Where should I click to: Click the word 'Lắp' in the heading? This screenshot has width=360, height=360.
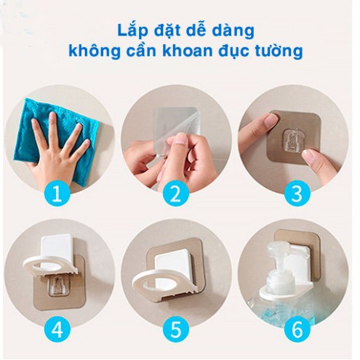click(134, 31)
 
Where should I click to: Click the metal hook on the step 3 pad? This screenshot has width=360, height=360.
click(295, 139)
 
